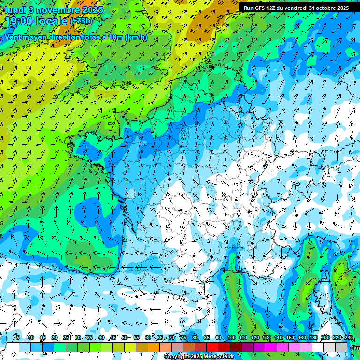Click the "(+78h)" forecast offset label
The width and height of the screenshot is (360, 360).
click(81, 21)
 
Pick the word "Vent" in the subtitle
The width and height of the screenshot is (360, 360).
click(14, 37)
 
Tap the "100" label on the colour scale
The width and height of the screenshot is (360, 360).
click(231, 338)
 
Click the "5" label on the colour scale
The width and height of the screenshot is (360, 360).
click(17, 338)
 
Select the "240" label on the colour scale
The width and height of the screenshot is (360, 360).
click(348, 338)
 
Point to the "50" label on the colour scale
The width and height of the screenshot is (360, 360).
click(125, 338)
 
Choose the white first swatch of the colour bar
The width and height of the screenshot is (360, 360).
click(13, 347)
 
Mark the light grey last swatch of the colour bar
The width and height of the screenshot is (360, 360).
click(341, 347)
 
